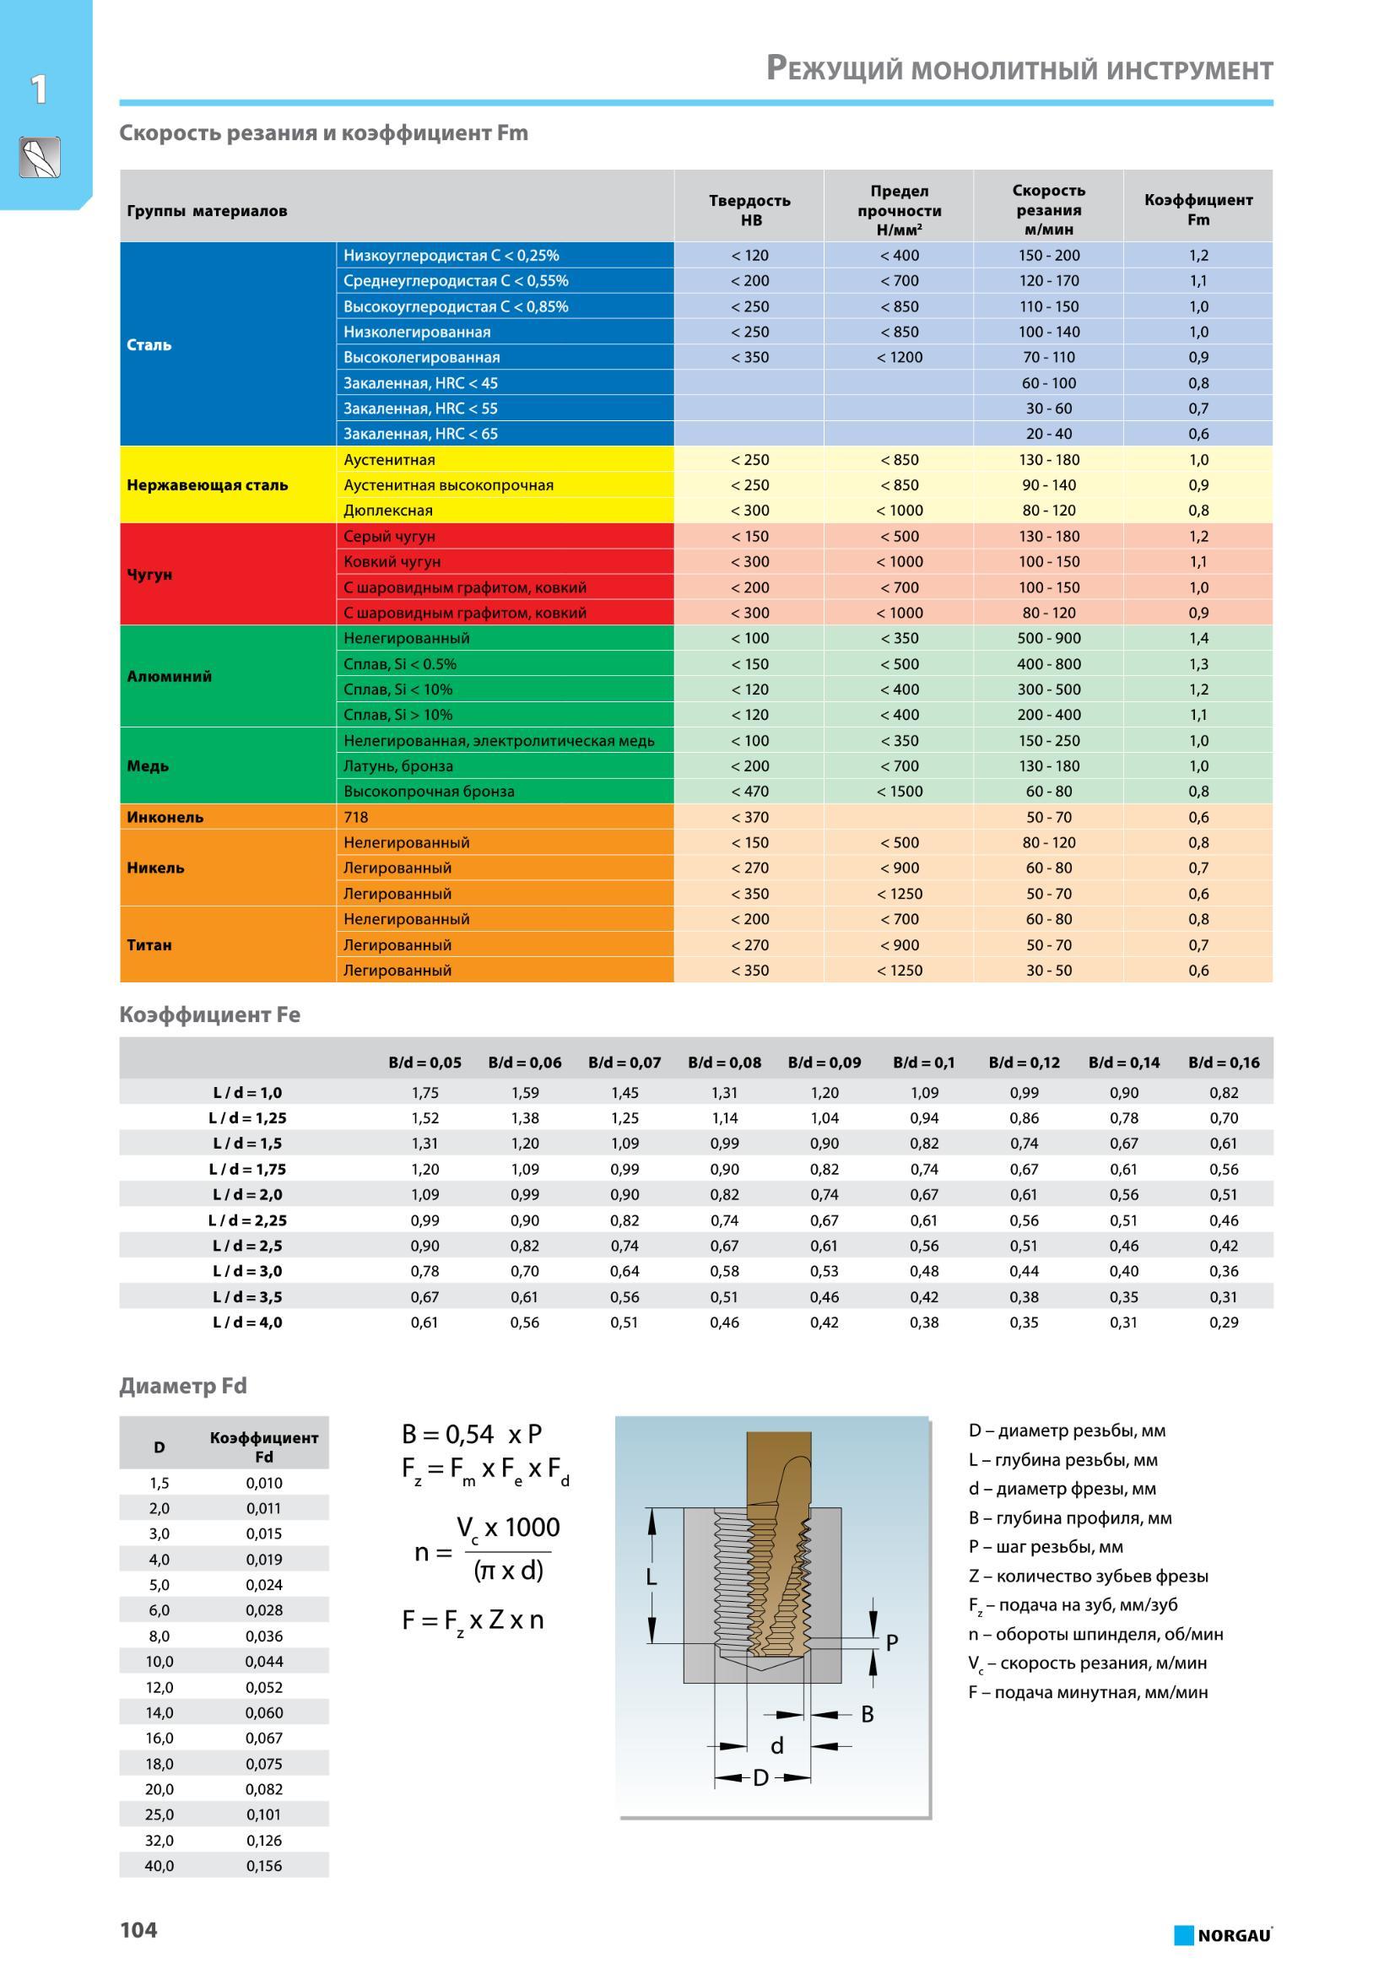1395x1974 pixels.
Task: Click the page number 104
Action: (x=138, y=1929)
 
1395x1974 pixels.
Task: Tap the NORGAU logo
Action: (x=1223, y=1934)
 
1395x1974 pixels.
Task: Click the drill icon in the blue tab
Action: (x=40, y=157)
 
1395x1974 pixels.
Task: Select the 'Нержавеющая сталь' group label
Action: (x=207, y=485)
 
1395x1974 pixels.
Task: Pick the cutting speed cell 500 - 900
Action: (x=1049, y=638)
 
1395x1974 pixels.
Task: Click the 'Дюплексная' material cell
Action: (x=388, y=511)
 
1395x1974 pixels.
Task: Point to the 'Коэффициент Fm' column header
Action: (x=1198, y=210)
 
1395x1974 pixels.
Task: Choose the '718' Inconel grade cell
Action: (x=356, y=817)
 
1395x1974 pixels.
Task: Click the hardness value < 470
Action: (x=749, y=791)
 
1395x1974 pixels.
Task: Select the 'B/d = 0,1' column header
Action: (x=924, y=1062)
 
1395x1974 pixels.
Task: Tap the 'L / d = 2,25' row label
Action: (x=247, y=1220)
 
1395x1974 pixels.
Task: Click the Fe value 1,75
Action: (x=424, y=1093)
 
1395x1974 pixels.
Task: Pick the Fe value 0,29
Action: (x=1224, y=1322)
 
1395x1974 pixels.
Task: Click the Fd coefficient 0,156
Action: (x=264, y=1866)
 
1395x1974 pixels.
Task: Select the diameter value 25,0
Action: (x=159, y=1814)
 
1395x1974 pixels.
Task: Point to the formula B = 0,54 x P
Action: (x=472, y=1434)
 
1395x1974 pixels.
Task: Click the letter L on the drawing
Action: (x=651, y=1576)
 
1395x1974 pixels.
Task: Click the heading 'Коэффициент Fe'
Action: (x=210, y=1014)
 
